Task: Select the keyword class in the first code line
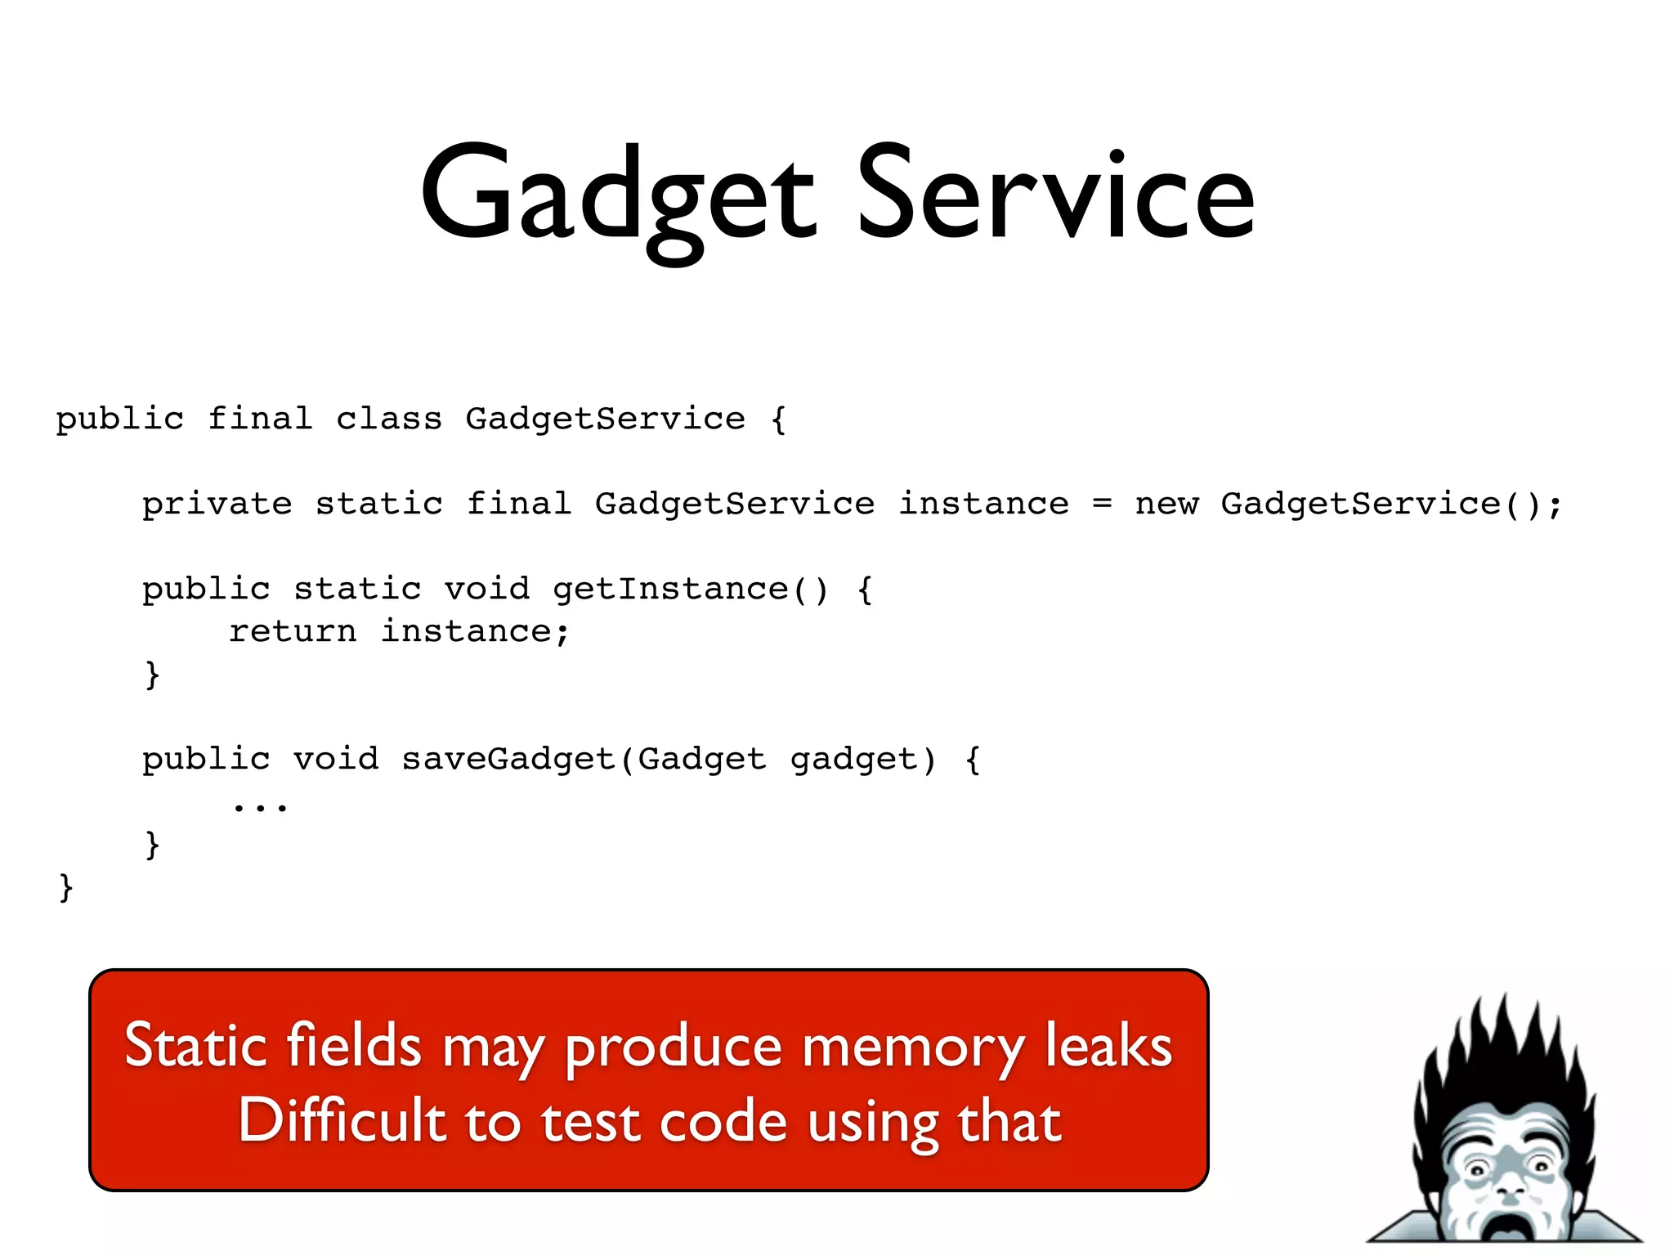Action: pos(388,419)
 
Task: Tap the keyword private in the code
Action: pos(217,505)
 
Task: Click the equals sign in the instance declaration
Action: pos(1102,505)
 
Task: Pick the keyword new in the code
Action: pos(1166,505)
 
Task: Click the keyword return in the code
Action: pos(293,632)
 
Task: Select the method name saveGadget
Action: pos(508,760)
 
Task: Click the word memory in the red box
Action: pos(912,1047)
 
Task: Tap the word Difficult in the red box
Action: pos(341,1120)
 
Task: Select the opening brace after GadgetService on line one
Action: pos(778,419)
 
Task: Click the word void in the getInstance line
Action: pos(487,590)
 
